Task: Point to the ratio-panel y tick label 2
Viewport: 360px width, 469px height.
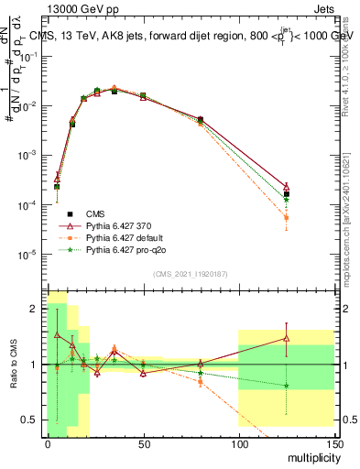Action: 34,308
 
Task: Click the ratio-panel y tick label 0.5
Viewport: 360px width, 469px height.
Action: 29,420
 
